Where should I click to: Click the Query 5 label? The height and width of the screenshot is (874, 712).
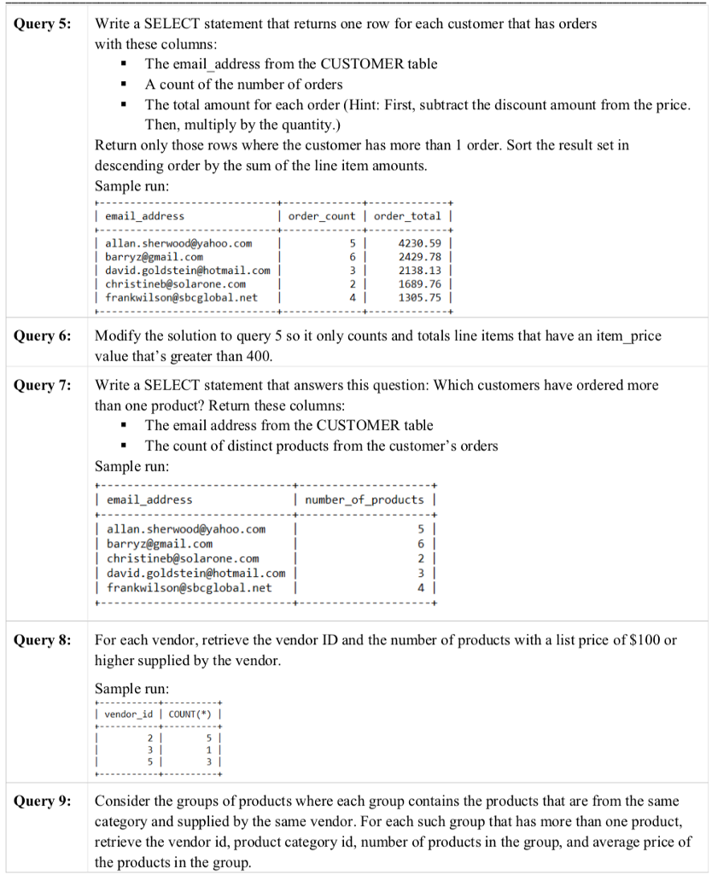[43, 24]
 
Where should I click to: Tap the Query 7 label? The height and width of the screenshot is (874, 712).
[43, 386]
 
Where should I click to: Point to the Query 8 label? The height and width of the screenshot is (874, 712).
[43, 641]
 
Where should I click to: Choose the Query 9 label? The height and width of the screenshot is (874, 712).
[43, 802]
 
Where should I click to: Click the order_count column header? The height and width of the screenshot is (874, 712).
[321, 217]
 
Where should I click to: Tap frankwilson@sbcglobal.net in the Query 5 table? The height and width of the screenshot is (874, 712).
[180, 298]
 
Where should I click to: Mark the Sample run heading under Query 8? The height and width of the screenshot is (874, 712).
[131, 688]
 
